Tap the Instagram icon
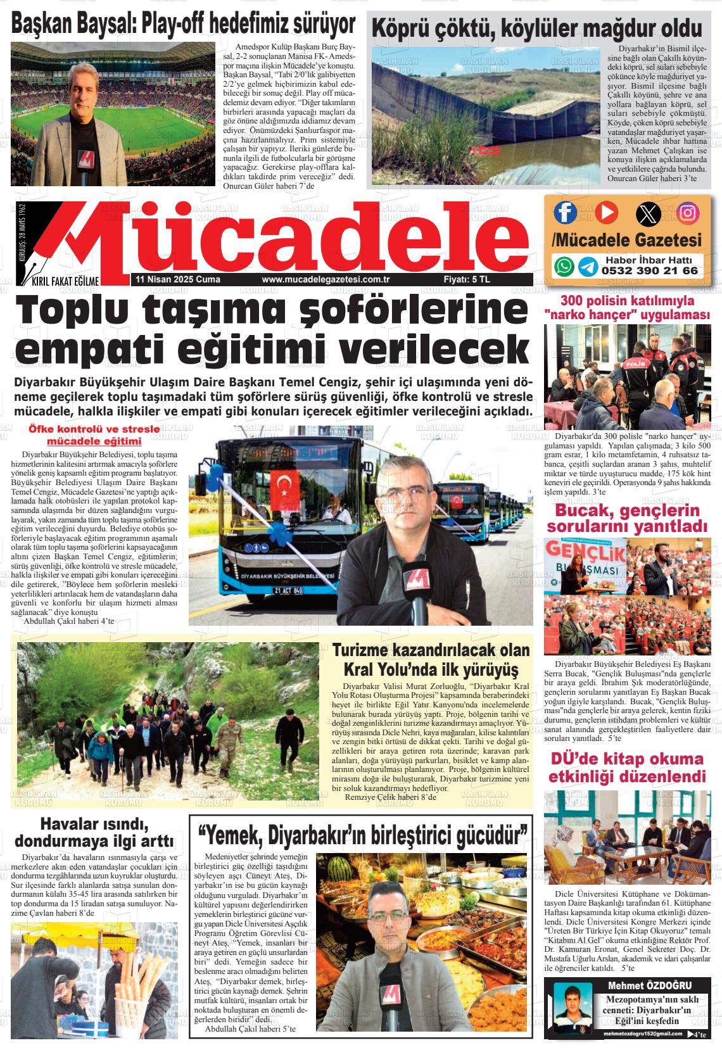[688, 212]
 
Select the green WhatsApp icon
[564, 266]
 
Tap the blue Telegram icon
[588, 266]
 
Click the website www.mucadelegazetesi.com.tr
[325, 280]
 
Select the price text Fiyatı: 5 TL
[467, 280]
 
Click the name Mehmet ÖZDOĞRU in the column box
[649, 986]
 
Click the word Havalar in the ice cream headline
[72, 824]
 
